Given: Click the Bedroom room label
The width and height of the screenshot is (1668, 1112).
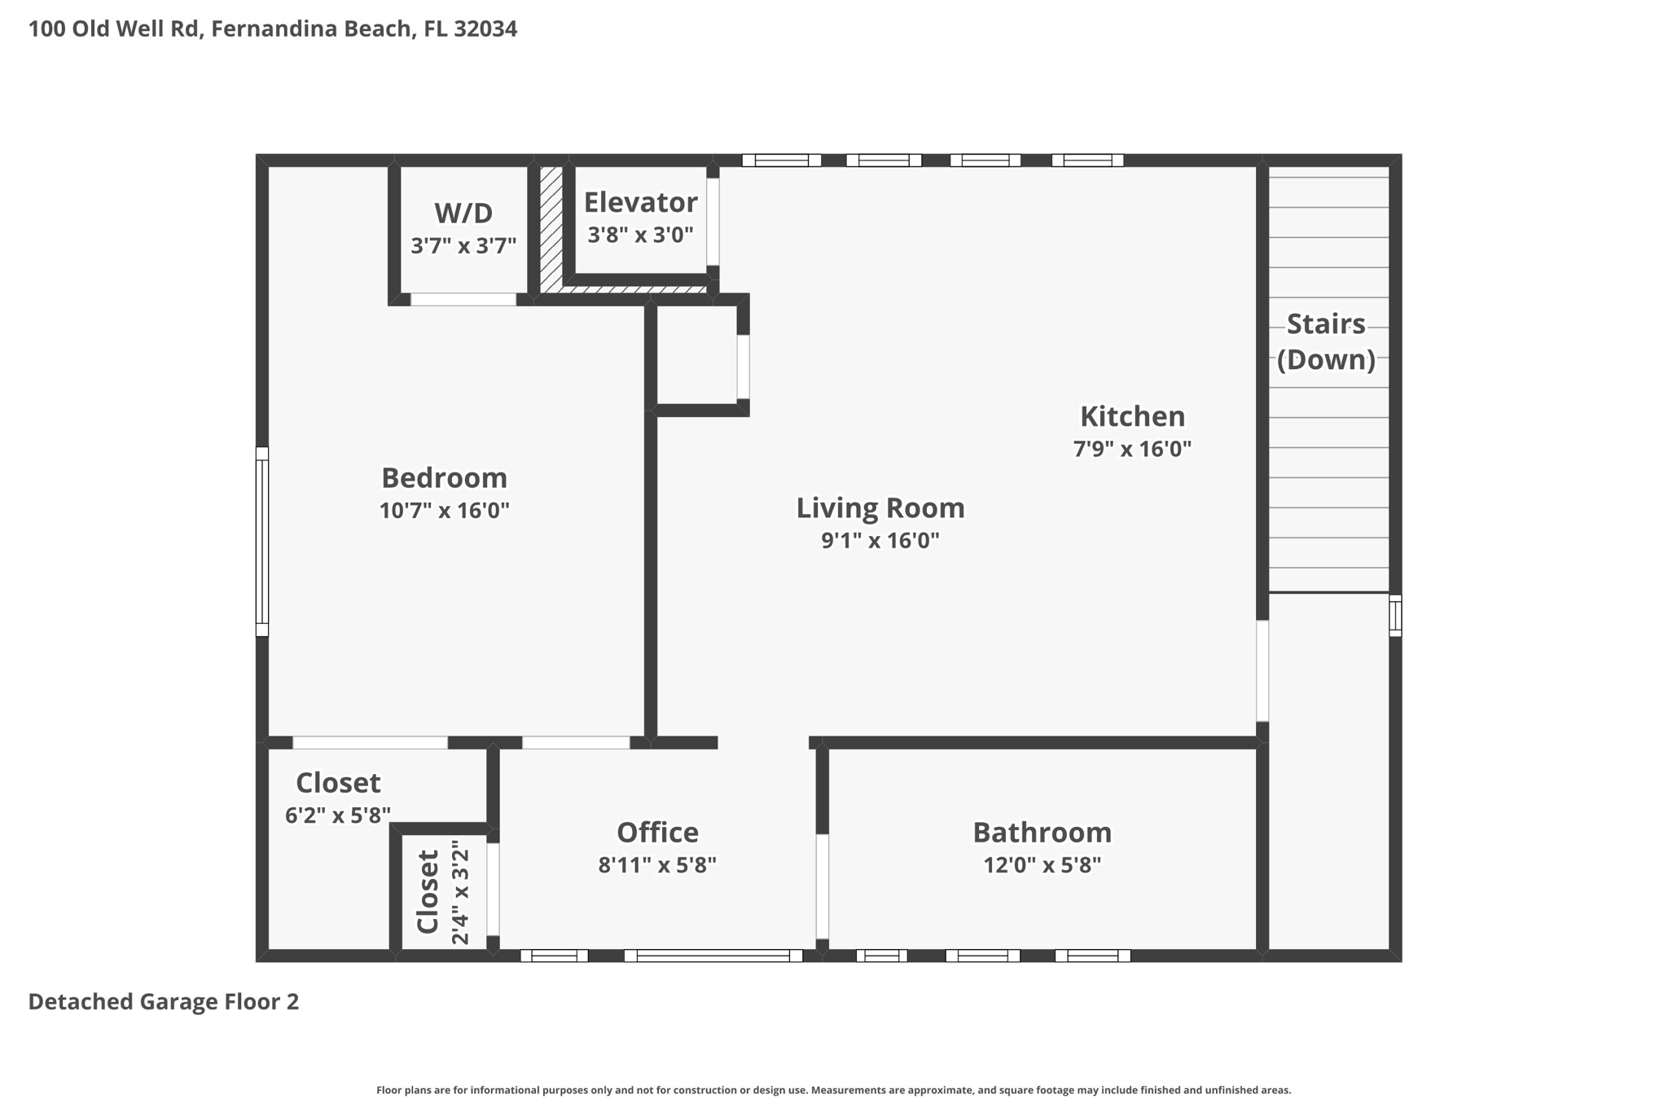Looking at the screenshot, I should [x=444, y=477].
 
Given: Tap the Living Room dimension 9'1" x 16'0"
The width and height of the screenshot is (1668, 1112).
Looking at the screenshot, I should [x=880, y=540].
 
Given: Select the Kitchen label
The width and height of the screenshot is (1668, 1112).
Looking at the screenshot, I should [x=1132, y=416].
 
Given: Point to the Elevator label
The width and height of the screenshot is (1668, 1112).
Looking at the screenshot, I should [x=640, y=202].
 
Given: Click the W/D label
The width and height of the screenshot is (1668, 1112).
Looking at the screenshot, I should [x=463, y=213].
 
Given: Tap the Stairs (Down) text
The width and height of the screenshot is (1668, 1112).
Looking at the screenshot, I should [x=1325, y=341].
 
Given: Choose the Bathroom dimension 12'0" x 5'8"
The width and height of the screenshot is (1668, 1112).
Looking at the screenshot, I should [x=1042, y=864].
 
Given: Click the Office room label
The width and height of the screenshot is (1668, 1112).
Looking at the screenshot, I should [x=657, y=832].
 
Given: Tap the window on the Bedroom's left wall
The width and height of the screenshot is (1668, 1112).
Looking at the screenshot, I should [x=262, y=541].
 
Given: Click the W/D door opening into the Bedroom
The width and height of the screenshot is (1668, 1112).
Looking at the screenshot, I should [x=463, y=300].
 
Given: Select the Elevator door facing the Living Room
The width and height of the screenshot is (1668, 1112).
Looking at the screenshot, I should [x=713, y=222].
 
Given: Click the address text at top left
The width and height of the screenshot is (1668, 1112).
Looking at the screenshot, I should [x=273, y=29].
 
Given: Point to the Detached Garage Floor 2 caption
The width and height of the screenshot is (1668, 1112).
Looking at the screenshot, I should [x=164, y=1001].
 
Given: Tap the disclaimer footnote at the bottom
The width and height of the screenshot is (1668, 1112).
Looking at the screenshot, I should [x=833, y=1090].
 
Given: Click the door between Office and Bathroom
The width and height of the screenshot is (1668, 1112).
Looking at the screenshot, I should [x=822, y=886].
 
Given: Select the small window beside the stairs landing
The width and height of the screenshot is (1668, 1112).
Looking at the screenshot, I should [x=1395, y=615].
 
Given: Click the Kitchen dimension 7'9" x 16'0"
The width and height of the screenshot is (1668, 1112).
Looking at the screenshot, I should [x=1132, y=449].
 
